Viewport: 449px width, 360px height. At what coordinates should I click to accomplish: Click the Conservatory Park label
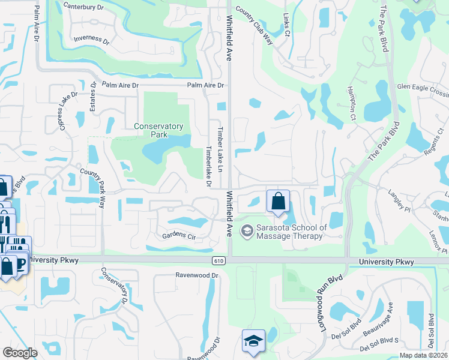pos(158,130)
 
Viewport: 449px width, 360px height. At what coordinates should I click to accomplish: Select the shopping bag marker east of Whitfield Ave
pos(279,201)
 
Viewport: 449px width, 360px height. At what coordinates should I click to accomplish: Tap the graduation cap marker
pos(253,341)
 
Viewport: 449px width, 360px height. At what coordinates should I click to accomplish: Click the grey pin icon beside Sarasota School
pos(247,231)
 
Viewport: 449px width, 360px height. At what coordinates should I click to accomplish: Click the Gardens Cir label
pos(179,236)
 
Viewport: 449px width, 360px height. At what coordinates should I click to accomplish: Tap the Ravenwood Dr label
pos(195,275)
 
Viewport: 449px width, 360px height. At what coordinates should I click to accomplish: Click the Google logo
pos(20,352)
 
